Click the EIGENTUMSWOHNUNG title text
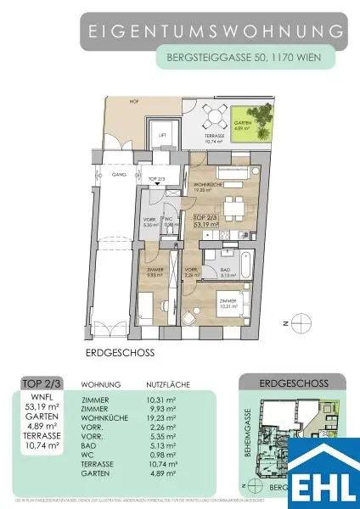(217, 31)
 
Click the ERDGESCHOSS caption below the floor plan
(108, 350)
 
